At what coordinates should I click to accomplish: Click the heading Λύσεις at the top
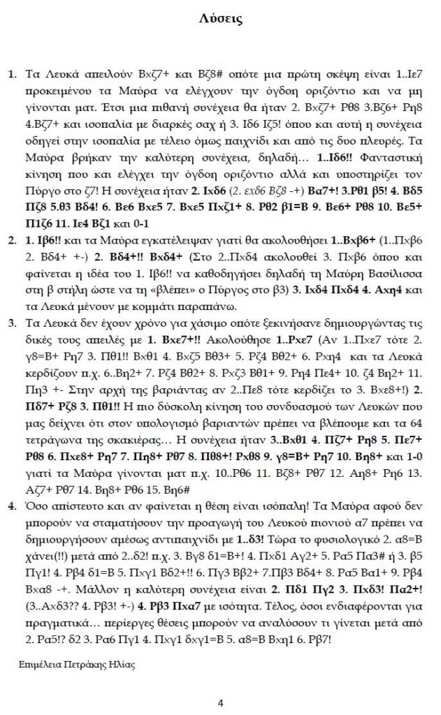click(221, 20)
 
